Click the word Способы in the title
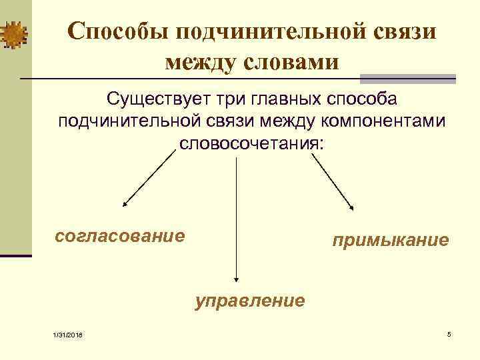coord(113,31)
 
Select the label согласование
coord(120,235)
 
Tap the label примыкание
coord(391,240)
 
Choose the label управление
coord(250,301)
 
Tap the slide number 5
coord(449,333)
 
